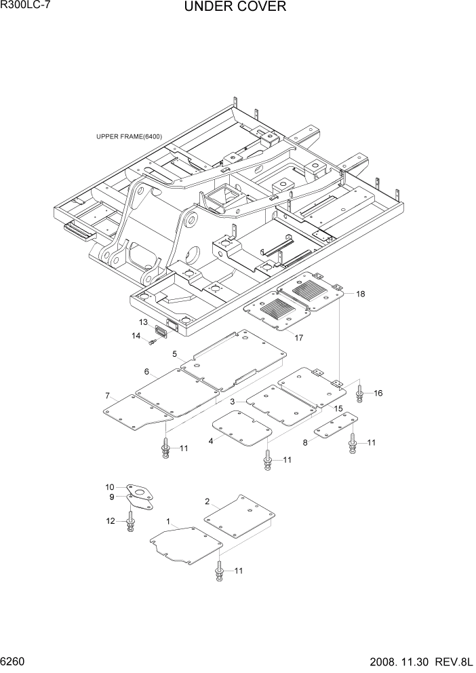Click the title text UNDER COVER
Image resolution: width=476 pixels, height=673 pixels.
(x=235, y=7)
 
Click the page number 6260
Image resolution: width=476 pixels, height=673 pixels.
(x=15, y=659)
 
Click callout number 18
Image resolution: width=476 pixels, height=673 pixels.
(x=360, y=294)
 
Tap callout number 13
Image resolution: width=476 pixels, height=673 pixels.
(x=144, y=322)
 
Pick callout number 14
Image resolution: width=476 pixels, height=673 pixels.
(x=136, y=336)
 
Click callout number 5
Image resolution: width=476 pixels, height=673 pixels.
(x=174, y=354)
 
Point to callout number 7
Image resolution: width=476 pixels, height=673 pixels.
(x=107, y=396)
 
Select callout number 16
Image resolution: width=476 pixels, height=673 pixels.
(x=378, y=393)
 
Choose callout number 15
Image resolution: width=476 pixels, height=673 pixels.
(x=338, y=408)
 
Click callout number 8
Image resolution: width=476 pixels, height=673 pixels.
(x=304, y=442)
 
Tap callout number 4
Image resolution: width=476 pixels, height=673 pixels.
(x=211, y=441)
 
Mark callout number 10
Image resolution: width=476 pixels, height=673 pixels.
(x=109, y=486)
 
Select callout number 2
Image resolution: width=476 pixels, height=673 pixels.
(x=207, y=501)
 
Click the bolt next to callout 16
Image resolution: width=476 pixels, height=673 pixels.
(x=359, y=391)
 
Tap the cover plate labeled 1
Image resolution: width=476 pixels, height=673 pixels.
(x=185, y=546)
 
